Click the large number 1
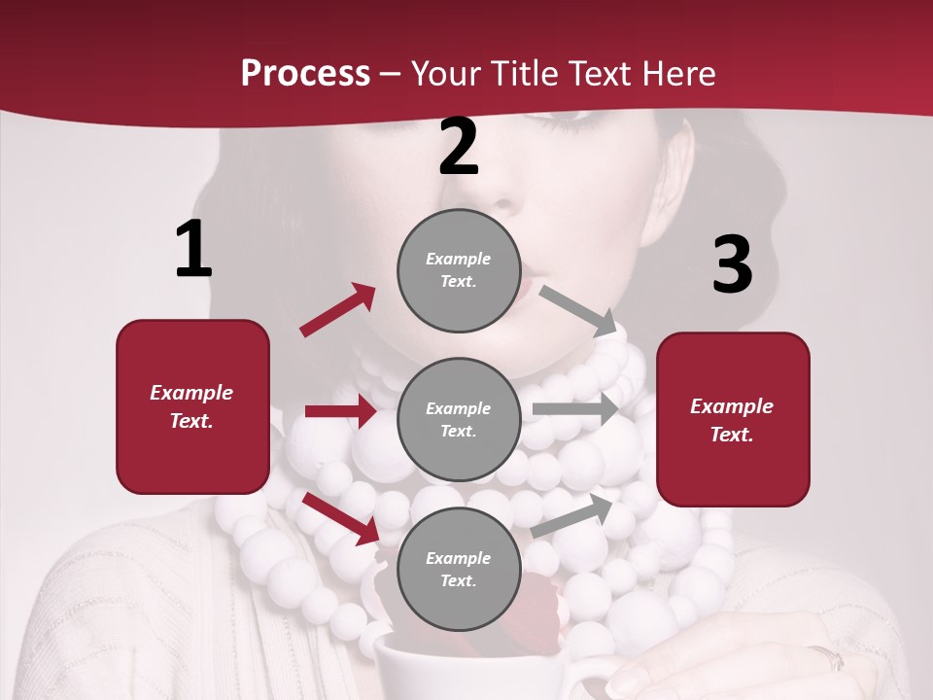pos(193,250)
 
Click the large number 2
pos(459,147)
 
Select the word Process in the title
pos(305,73)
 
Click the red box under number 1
pos(192,406)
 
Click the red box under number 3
pos(733,420)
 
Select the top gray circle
pos(459,270)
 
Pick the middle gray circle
pos(459,419)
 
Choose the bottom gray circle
pos(459,569)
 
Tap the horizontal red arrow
pos(340,411)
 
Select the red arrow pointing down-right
pos(341,518)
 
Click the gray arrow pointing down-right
pos(577,310)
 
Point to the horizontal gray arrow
pos(575,409)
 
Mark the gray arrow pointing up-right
pos(572,516)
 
